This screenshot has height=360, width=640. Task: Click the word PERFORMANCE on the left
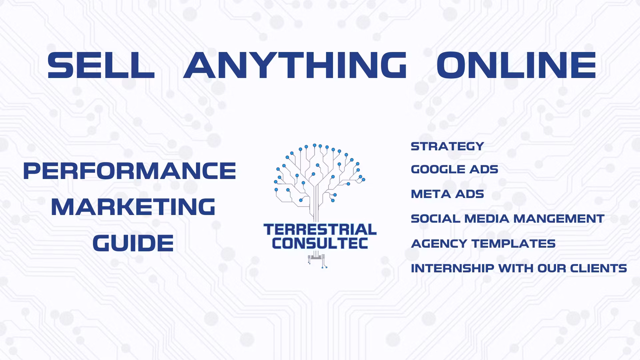tap(130, 171)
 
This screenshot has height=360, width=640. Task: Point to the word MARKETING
tap(133, 207)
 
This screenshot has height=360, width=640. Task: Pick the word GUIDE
tap(133, 243)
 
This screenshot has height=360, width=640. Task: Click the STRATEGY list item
tap(447, 146)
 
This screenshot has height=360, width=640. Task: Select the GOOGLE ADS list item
tap(455, 169)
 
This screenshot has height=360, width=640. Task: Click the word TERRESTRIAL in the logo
tap(320, 230)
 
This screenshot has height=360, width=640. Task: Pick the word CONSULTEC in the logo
tap(320, 243)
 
